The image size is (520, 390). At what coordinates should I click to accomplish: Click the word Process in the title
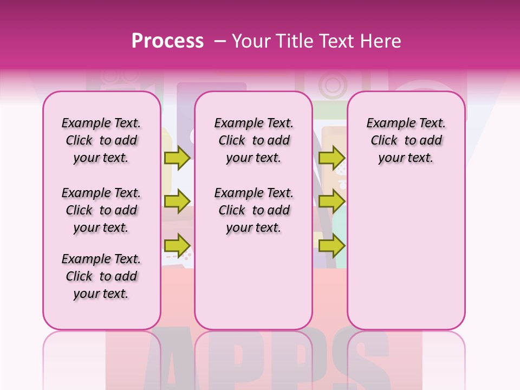pos(167,41)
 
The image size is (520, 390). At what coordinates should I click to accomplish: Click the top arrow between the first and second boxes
pos(177,158)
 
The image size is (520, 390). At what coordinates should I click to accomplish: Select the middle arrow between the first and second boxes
pos(177,201)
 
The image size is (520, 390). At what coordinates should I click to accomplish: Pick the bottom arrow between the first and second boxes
pos(177,245)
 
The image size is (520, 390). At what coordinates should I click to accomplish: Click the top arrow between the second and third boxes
pos(331,158)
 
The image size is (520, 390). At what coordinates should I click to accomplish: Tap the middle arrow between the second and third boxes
pos(331,201)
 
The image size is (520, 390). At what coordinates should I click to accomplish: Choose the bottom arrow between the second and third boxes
pos(331,245)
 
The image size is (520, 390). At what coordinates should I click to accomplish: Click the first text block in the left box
pos(101,140)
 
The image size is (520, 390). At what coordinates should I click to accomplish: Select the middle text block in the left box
pos(101,210)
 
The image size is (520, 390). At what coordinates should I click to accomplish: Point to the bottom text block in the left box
pos(101,276)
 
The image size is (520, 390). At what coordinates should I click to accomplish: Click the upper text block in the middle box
pos(253,140)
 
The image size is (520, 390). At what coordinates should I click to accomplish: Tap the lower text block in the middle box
pos(253,210)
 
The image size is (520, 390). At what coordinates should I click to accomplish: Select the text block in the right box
pos(406,140)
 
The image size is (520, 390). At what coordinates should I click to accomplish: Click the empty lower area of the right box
pos(406,249)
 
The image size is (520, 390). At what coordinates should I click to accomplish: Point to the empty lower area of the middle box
pos(253,282)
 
